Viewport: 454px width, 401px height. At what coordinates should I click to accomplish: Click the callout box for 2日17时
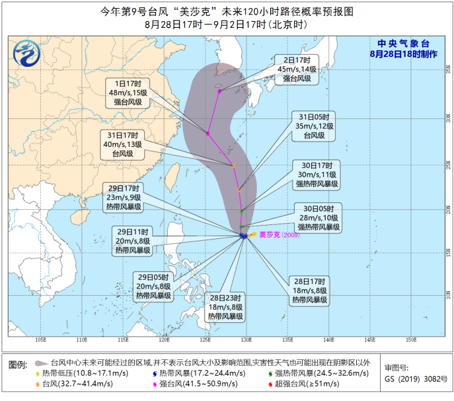pyautogui.click(x=296, y=69)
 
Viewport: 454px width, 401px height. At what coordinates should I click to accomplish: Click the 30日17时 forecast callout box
pyautogui.click(x=315, y=174)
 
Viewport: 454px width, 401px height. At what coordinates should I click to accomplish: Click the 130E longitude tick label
pyautogui.click(x=246, y=339)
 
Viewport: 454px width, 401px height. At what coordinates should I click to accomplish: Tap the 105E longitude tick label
pyautogui.click(x=40, y=339)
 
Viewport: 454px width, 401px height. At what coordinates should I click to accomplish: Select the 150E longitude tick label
pyautogui.click(x=410, y=339)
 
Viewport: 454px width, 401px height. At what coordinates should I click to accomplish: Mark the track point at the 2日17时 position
pyautogui.click(x=219, y=90)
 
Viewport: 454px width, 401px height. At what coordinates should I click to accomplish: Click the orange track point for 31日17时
pyautogui.click(x=233, y=165)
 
